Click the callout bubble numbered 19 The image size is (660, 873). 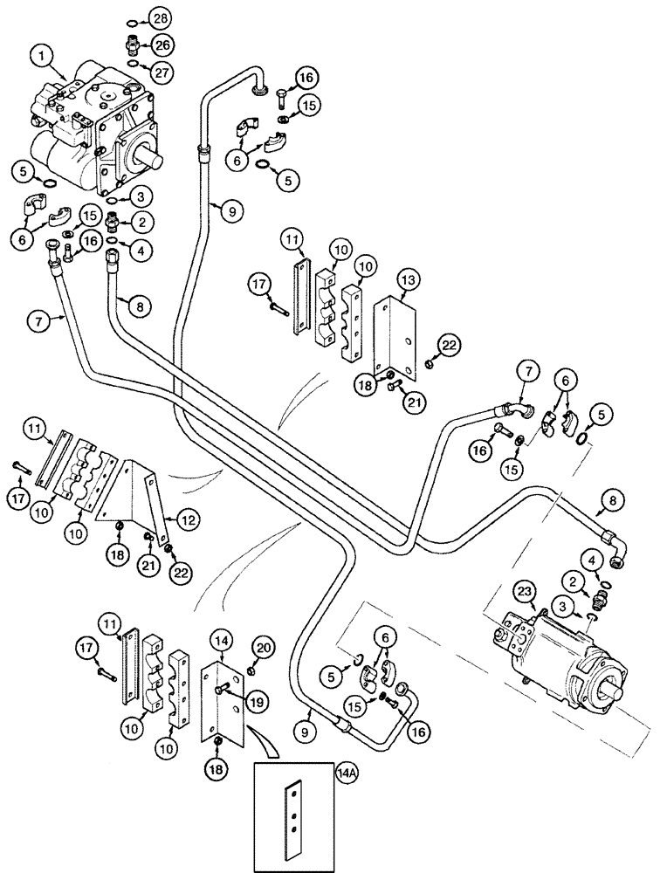point(257,701)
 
